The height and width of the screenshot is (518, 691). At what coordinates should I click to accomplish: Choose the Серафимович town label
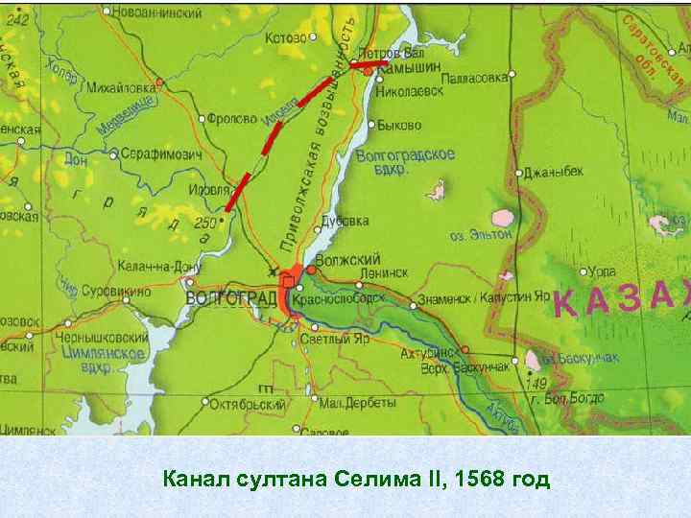tap(161, 153)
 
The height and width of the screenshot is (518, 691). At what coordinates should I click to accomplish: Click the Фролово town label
tap(231, 119)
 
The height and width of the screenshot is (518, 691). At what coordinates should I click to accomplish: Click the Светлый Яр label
tap(336, 339)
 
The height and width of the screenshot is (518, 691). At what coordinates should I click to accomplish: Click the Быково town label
tap(400, 125)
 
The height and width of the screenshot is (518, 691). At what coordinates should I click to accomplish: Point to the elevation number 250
tap(204, 223)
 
